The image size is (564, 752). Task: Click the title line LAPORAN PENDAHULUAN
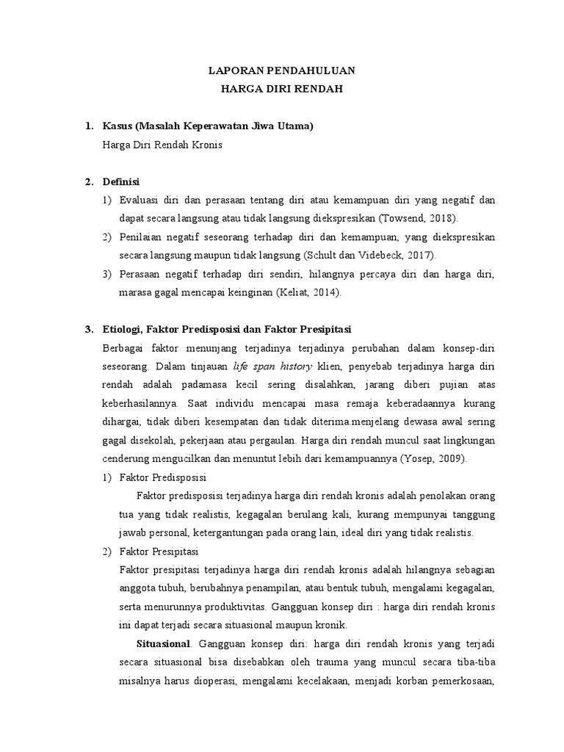[282, 70]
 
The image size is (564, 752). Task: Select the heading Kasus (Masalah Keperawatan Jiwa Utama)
[209, 126]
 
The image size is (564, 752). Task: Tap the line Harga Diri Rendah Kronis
[162, 145]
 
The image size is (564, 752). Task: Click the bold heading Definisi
[122, 181]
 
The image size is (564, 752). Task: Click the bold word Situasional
[164, 643]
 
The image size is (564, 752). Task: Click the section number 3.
[89, 328]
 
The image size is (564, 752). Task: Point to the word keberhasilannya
[141, 402]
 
